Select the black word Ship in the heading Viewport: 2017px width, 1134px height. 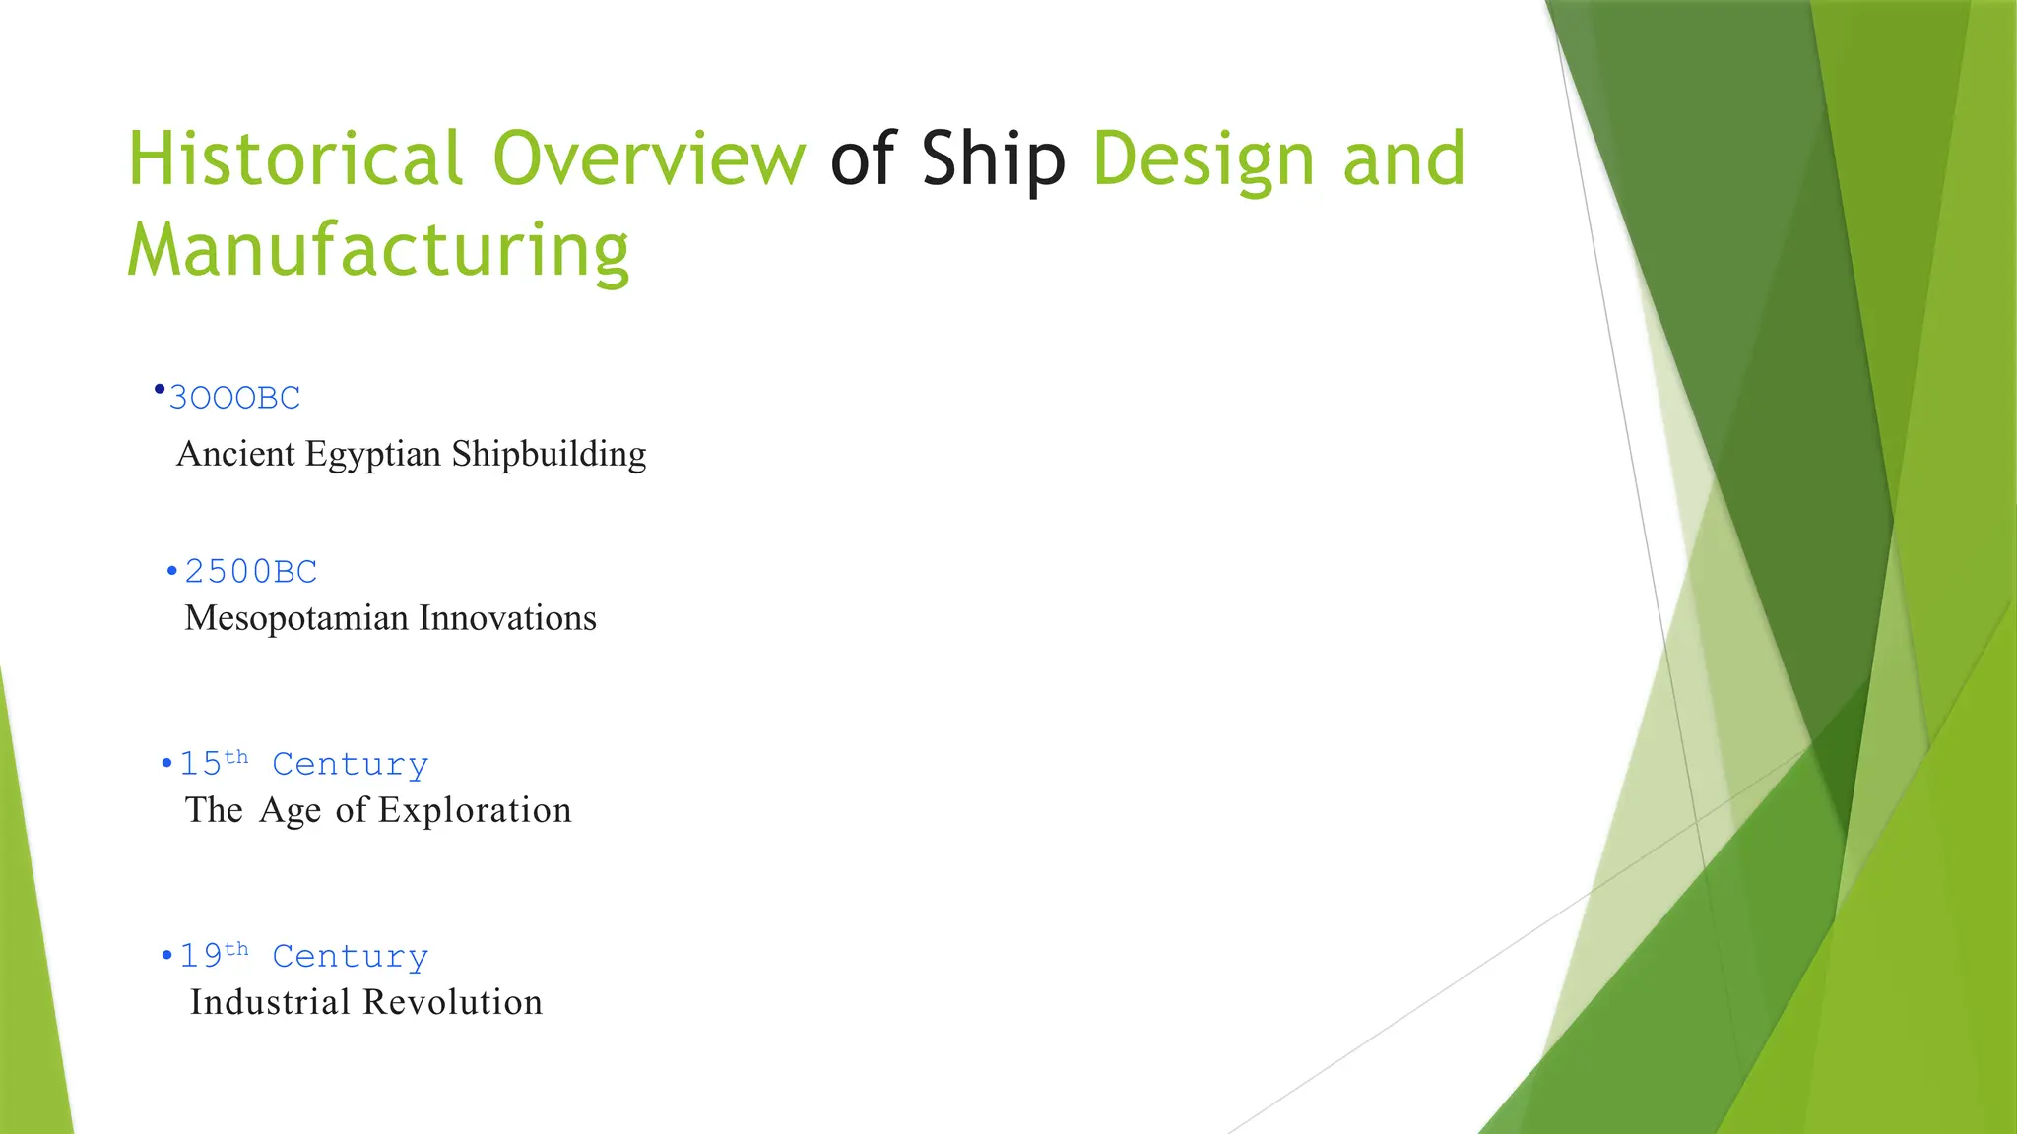[993, 159]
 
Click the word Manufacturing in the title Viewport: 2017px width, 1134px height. [378, 251]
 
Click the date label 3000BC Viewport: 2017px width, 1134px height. [234, 398]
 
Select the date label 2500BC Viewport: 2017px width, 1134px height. [251, 572]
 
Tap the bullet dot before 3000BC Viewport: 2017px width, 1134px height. [160, 390]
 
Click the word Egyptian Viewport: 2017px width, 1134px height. [373, 455]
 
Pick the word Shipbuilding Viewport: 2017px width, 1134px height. [549, 455]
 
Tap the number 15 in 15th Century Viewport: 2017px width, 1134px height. [200, 764]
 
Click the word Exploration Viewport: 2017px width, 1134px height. [475, 810]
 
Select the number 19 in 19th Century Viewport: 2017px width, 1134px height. [200, 956]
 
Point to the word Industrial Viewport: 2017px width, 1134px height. [270, 1002]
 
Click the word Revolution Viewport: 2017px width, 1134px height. [453, 1002]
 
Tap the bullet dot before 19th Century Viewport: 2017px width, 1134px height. [166, 956]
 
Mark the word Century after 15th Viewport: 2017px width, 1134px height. [350, 765]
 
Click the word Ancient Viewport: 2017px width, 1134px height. [235, 455]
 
